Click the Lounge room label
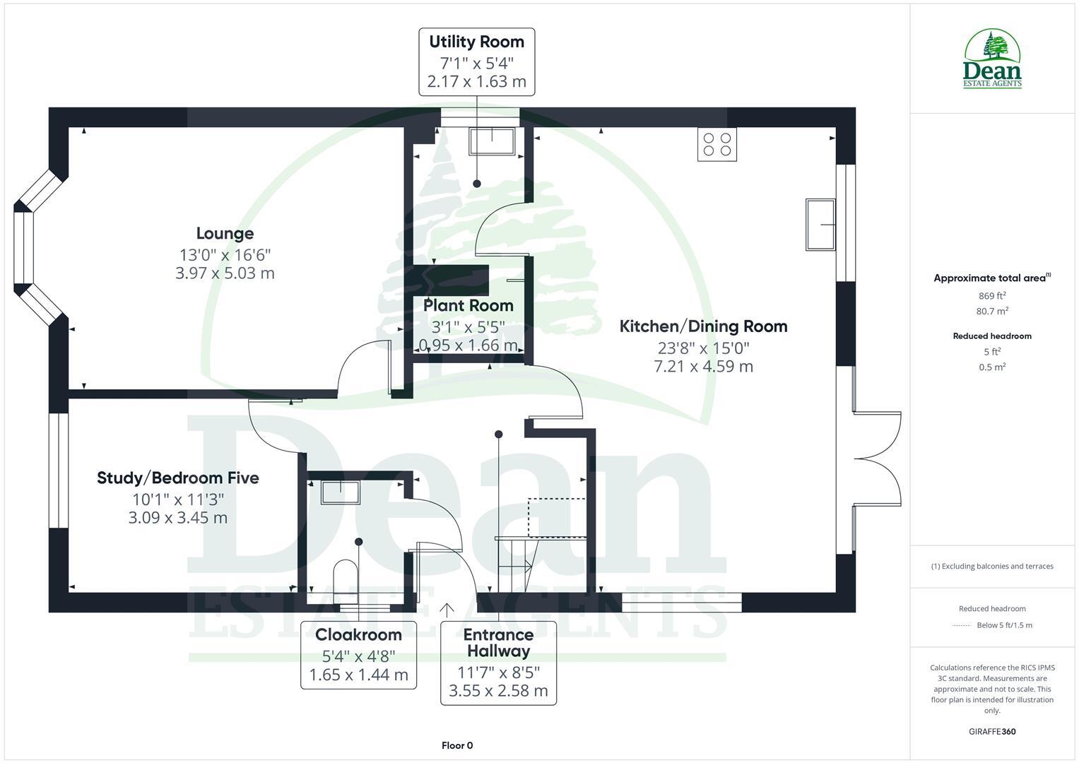pos(225,233)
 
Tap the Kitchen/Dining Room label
pos(703,326)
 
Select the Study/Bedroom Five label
pos(178,478)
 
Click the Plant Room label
pos(468,306)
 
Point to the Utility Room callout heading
pos(476,42)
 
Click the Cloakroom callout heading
pos(358,634)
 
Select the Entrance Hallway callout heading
pos(498,642)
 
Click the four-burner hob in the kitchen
pos(717,144)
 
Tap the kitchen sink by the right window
pos(820,225)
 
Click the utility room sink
pos(493,141)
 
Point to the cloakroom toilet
pos(346,576)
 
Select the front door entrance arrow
pos(447,610)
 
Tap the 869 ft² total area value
pos(992,296)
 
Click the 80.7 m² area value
pos(992,311)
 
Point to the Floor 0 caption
pos(457,745)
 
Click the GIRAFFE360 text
pos(992,731)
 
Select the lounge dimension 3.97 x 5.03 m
pos(225,273)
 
